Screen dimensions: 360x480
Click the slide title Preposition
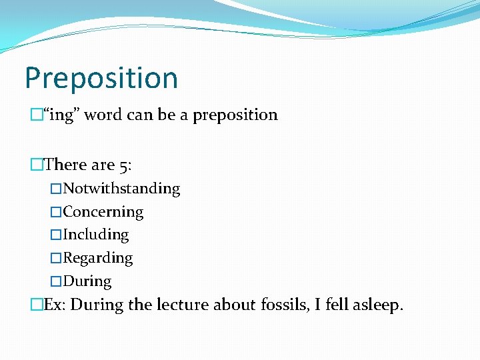pyautogui.click(x=101, y=79)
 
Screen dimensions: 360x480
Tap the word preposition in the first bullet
pyautogui.click(x=235, y=115)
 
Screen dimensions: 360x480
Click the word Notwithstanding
pyautogui.click(x=121, y=189)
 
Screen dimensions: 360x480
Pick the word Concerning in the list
pyautogui.click(x=103, y=212)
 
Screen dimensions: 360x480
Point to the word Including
pyautogui.click(x=96, y=235)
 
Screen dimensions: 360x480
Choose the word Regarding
pyautogui.click(x=98, y=258)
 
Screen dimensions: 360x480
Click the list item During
pyautogui.click(x=87, y=281)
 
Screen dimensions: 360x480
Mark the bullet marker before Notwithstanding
pyautogui.click(x=56, y=189)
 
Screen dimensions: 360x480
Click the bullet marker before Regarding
pyautogui.click(x=56, y=259)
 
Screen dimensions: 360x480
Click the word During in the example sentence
pyautogui.click(x=97, y=305)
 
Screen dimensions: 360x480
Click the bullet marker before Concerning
pyautogui.click(x=56, y=213)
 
